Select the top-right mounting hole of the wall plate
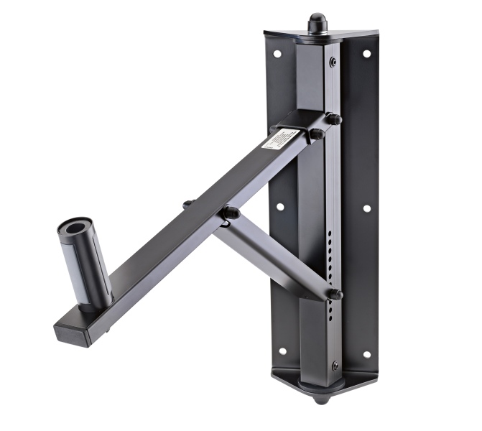pos(366,54)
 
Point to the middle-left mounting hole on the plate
pos(279,206)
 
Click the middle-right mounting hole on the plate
pos(366,208)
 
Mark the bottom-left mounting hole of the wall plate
pos(282,351)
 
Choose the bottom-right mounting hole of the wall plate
pos(366,354)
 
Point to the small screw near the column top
pos(333,62)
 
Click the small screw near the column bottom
pos(334,367)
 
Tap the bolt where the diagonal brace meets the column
pos(335,294)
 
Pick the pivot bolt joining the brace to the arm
pos(230,213)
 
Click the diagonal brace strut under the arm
pos(273,263)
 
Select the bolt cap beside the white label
pos(315,133)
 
